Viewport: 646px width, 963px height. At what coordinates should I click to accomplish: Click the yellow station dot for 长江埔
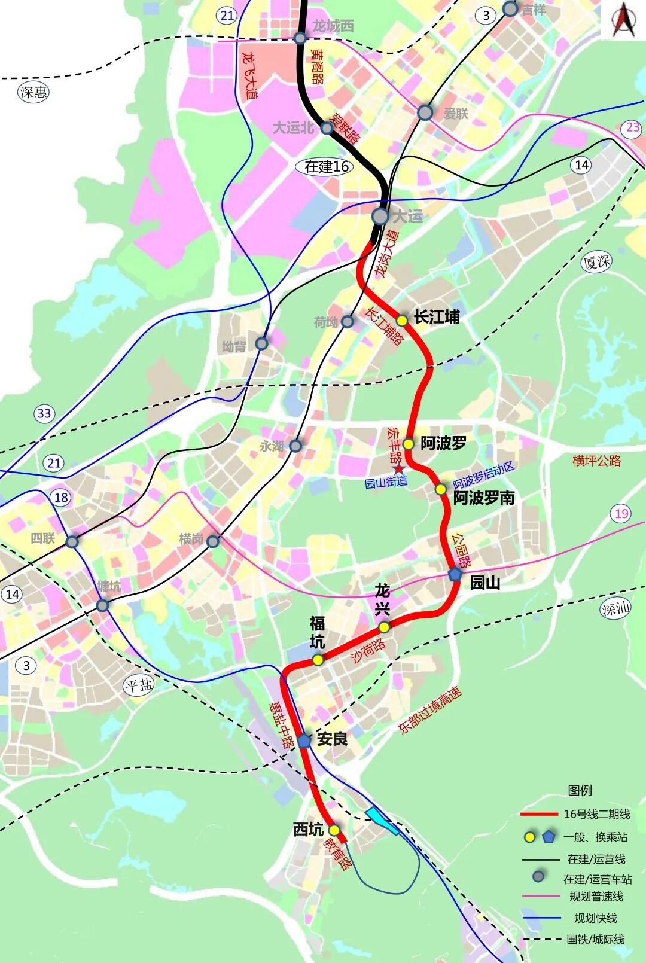pyautogui.click(x=402, y=321)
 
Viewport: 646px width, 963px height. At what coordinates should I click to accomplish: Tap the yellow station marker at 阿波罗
pyautogui.click(x=408, y=444)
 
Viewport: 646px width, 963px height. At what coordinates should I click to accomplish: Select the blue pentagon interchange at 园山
pyautogui.click(x=455, y=574)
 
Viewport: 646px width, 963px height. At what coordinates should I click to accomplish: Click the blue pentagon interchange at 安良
pyautogui.click(x=304, y=740)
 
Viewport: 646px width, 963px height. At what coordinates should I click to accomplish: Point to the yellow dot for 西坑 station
pyautogui.click(x=334, y=830)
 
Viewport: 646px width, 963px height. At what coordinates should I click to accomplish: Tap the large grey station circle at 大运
pyautogui.click(x=380, y=216)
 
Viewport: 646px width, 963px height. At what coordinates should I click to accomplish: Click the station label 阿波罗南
pyautogui.click(x=483, y=498)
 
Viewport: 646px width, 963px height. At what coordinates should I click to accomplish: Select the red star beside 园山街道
pyautogui.click(x=399, y=468)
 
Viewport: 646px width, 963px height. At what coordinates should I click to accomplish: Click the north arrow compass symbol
pyautogui.click(x=623, y=20)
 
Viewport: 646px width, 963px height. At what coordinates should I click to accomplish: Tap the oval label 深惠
pyautogui.click(x=33, y=92)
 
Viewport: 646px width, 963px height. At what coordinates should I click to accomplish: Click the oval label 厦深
pyautogui.click(x=596, y=261)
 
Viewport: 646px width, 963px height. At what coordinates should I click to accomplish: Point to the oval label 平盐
pyautogui.click(x=139, y=685)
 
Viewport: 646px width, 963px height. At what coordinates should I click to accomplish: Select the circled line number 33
pyautogui.click(x=44, y=413)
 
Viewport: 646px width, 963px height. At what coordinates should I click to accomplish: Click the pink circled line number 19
pyautogui.click(x=622, y=513)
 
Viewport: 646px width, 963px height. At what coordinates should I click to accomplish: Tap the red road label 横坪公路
pyautogui.click(x=596, y=461)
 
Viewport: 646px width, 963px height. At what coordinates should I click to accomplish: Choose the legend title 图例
pyautogui.click(x=580, y=790)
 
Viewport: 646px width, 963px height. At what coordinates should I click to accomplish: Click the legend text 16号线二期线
pyautogui.click(x=596, y=814)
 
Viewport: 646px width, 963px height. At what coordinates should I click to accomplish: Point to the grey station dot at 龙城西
pyautogui.click(x=300, y=38)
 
